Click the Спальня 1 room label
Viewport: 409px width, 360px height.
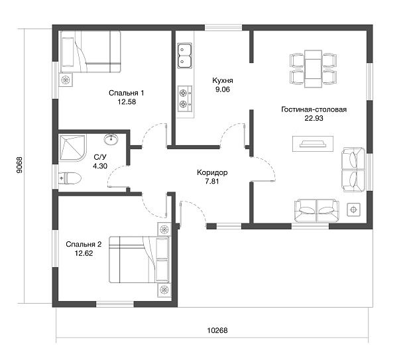(126, 93)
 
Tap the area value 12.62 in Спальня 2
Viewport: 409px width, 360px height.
(84, 253)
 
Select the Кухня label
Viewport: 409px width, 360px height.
(223, 81)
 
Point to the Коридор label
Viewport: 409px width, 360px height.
(212, 172)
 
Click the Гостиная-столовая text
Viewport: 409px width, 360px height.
(314, 109)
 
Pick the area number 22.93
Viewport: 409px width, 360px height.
(314, 118)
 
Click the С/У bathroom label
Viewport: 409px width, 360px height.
(100, 157)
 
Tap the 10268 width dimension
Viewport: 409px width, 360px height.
(217, 331)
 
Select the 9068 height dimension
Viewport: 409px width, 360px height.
(20, 165)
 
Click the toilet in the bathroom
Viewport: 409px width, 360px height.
(70, 178)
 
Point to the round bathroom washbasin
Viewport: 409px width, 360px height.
(111, 139)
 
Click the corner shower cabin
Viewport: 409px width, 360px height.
(72, 148)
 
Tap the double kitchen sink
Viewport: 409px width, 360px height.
(185, 56)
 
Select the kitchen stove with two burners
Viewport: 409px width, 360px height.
(185, 98)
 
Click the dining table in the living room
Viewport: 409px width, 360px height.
(313, 68)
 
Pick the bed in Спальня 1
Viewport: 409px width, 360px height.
(90, 52)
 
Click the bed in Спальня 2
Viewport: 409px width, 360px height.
(139, 260)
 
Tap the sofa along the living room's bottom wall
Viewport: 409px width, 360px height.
(317, 210)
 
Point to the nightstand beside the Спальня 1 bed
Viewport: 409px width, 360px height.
(66, 80)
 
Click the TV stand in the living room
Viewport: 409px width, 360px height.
(313, 144)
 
